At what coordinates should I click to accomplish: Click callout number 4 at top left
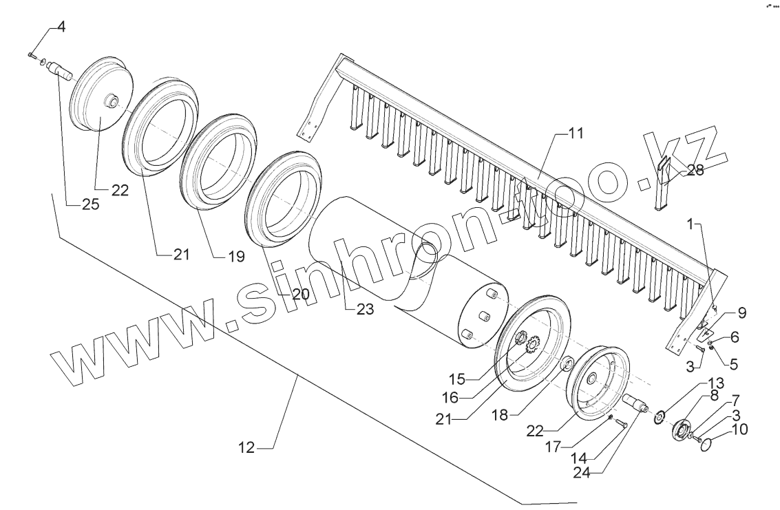tap(61, 28)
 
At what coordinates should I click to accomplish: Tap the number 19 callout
tap(235, 257)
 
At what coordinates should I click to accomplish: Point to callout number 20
tap(299, 294)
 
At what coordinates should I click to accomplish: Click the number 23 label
tap(365, 310)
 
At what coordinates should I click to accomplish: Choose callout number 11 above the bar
tap(576, 134)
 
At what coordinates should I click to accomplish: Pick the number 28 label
tap(695, 171)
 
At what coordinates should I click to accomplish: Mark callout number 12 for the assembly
tap(247, 448)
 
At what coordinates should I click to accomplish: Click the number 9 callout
tap(741, 313)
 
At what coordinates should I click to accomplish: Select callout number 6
tap(735, 337)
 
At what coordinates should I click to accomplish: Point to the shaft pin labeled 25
tap(63, 71)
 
